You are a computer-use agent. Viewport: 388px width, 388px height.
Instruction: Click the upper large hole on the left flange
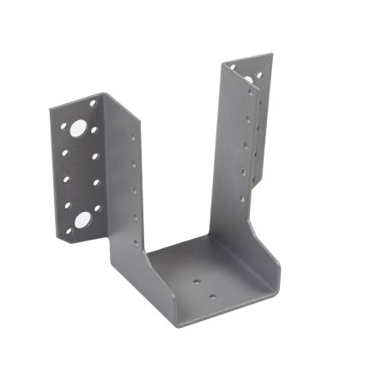click(78, 129)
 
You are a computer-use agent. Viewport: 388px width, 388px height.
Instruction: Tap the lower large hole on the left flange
click(82, 220)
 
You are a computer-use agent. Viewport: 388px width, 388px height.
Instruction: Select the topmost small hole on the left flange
click(93, 104)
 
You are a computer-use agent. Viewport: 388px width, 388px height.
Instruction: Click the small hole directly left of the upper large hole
click(64, 128)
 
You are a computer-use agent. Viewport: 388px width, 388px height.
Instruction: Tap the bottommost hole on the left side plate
click(137, 224)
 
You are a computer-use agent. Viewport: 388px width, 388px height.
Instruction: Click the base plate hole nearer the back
click(197, 280)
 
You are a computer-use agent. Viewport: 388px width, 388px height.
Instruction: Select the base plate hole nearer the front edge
click(213, 297)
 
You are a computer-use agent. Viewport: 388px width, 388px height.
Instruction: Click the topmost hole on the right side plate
click(248, 94)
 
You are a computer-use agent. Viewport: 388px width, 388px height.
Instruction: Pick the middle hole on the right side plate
click(245, 146)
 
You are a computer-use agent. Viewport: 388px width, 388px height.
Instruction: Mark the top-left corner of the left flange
click(49, 107)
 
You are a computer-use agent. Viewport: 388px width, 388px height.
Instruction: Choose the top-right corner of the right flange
click(273, 55)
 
